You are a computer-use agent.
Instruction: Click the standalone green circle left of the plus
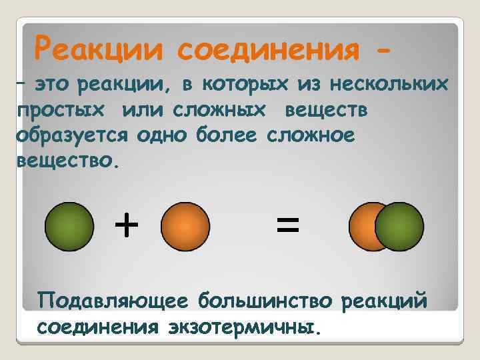point(69,226)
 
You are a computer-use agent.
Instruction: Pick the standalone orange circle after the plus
point(185,226)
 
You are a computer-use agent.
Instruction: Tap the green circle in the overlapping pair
point(399,226)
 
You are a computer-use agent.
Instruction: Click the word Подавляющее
point(111,301)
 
